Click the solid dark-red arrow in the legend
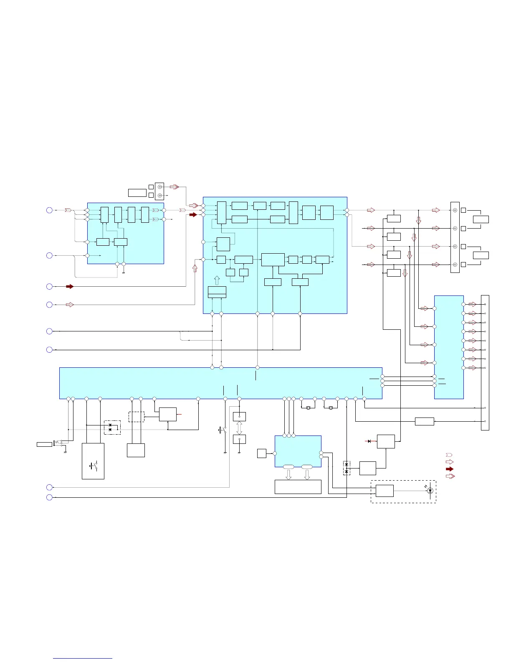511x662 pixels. (x=450, y=469)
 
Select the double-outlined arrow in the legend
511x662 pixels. (x=450, y=476)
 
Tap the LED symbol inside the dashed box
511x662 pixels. (x=430, y=491)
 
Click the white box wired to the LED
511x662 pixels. (x=385, y=491)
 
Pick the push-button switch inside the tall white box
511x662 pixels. (x=93, y=465)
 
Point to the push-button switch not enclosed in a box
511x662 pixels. (x=222, y=429)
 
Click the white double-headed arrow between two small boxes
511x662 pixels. (x=239, y=428)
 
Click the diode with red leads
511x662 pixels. (x=369, y=441)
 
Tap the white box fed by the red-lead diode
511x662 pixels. (x=386, y=442)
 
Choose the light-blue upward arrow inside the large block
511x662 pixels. (x=217, y=280)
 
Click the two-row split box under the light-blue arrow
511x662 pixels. (x=217, y=292)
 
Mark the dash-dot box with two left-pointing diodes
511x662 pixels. (x=112, y=428)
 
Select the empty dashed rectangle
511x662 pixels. (x=137, y=417)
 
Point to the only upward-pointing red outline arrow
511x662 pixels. (x=195, y=268)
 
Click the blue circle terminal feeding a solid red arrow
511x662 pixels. (x=49, y=286)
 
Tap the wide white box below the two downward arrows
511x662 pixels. (x=298, y=487)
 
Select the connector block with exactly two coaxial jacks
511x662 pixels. (x=159, y=191)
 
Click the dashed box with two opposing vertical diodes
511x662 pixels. (x=347, y=468)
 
